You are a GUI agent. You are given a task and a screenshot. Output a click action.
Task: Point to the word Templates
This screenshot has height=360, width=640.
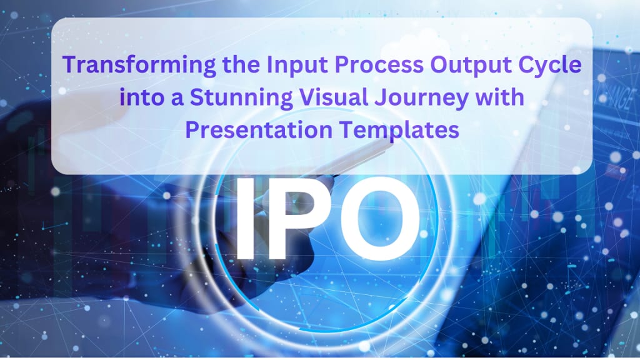(399, 131)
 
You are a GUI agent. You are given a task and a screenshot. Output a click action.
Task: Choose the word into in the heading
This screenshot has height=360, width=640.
(142, 97)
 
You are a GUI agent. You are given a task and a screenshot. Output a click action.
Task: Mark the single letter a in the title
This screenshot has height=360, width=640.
(177, 99)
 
